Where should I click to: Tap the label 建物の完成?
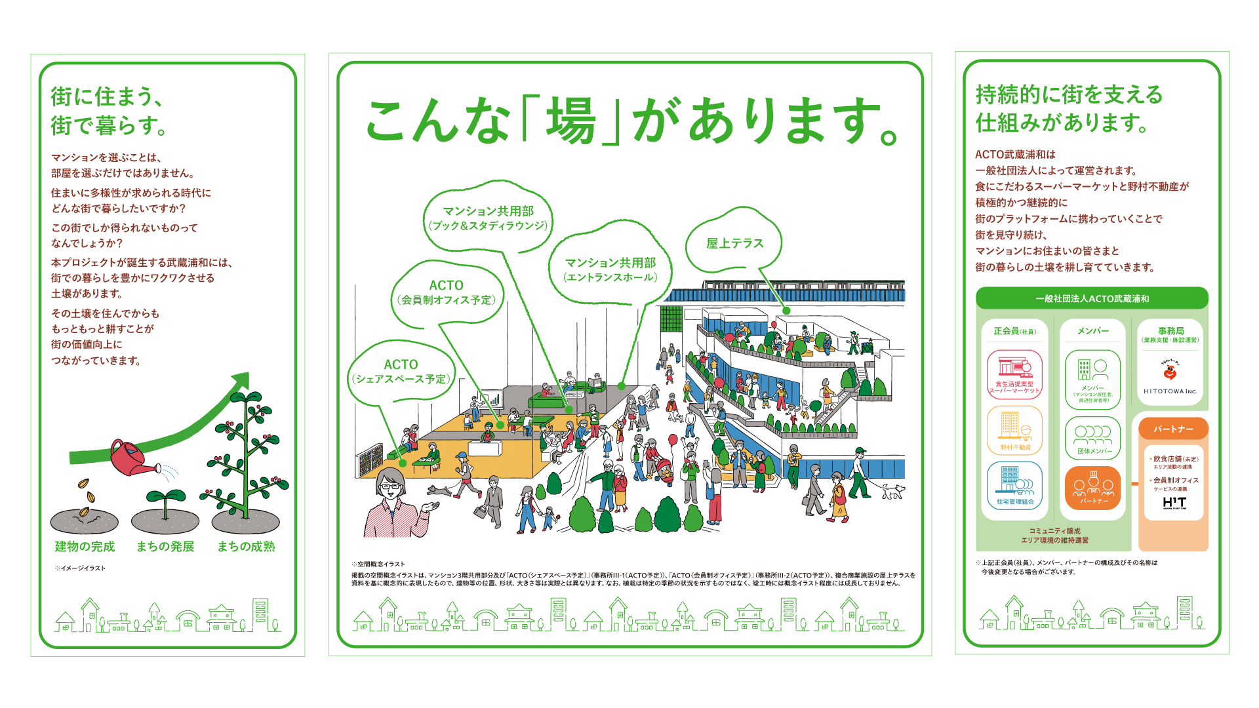[x=85, y=547]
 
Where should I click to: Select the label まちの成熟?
[x=246, y=547]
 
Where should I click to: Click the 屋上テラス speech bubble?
[x=734, y=243]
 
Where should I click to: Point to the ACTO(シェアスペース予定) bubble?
[x=401, y=372]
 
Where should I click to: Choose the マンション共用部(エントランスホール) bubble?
[x=610, y=269]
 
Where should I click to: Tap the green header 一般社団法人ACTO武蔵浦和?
[x=1092, y=298]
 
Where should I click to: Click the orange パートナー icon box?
[x=1092, y=488]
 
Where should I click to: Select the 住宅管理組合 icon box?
[x=1014, y=486]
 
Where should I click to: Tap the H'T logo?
[x=1174, y=502]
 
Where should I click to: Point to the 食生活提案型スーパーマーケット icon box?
[x=1014, y=374]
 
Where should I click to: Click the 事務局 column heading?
[x=1170, y=331]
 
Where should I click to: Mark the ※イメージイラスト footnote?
[x=80, y=568]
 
